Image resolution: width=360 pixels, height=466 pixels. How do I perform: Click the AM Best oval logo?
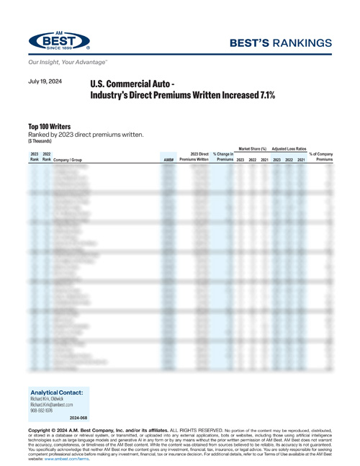[x=60, y=41]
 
